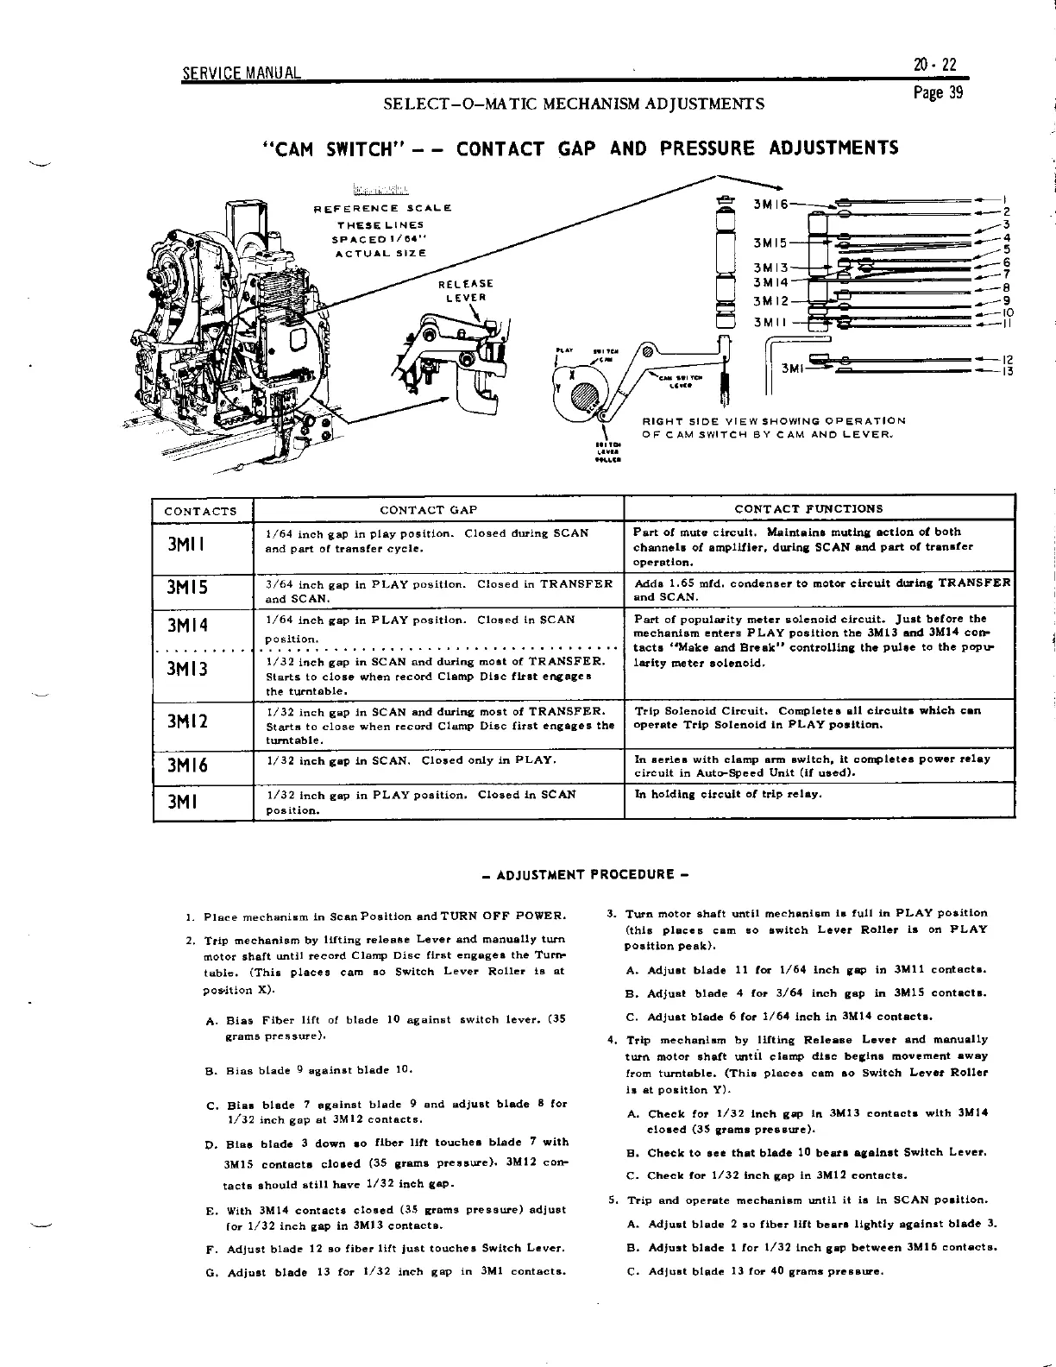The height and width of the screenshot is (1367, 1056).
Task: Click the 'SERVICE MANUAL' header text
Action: coord(242,72)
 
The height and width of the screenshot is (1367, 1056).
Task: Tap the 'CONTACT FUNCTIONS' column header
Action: coord(808,509)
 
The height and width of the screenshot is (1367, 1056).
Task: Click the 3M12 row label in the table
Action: coord(188,720)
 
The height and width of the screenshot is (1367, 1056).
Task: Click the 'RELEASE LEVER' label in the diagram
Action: coord(466,290)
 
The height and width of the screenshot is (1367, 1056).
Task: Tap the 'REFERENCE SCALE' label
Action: coord(381,208)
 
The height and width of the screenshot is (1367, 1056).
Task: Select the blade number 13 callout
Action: coord(1006,372)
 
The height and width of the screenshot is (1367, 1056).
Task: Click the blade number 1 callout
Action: coord(1006,198)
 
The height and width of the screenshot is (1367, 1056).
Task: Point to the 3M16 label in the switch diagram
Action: coord(770,204)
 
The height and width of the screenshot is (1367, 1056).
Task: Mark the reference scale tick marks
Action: coord(380,191)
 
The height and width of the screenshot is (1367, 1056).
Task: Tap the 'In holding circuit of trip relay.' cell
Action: coord(728,794)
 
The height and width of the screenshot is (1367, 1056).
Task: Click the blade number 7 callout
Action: coord(1006,275)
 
